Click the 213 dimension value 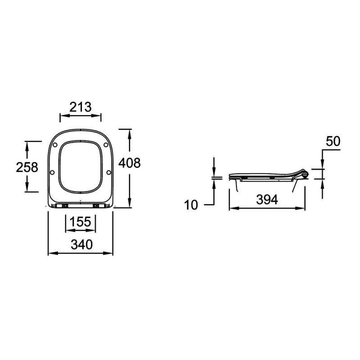pos(81,107)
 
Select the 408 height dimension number pos(129,163)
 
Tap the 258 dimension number pos(27,167)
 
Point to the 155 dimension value pos(81,222)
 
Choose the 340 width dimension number pos(81,245)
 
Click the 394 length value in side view pos(267,199)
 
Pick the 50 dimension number pos(333,141)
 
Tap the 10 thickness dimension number pos(191,205)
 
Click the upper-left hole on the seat pos(55,145)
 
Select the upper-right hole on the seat pos(106,145)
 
